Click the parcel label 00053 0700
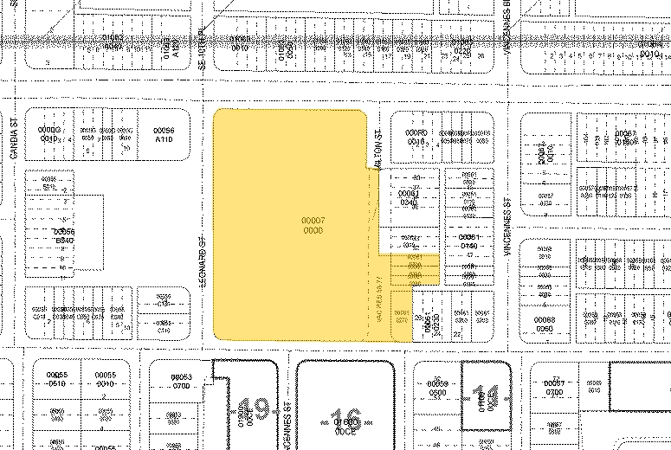point(181,381)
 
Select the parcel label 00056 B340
point(65,235)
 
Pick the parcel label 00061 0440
point(468,241)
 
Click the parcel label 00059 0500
point(440,385)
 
